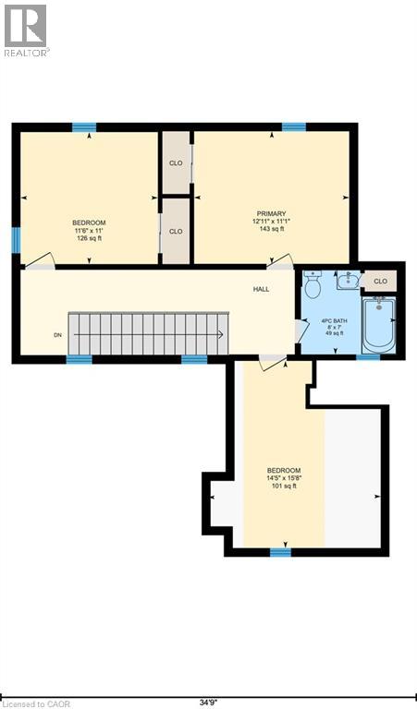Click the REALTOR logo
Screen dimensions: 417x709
click(x=25, y=30)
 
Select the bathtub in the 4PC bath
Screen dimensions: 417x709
click(x=379, y=324)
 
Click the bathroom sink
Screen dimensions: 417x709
click(x=349, y=281)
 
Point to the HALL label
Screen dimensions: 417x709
click(x=262, y=289)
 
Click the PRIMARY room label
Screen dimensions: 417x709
click(x=271, y=213)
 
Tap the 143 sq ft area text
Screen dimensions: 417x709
click(x=271, y=229)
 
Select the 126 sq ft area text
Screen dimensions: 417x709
click(x=89, y=238)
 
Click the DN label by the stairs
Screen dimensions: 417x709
click(x=57, y=335)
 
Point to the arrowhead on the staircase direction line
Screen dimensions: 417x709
click(x=220, y=334)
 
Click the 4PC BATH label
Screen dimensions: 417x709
click(x=335, y=321)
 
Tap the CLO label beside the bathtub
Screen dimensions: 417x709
click(x=380, y=282)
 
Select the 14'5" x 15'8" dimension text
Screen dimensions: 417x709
click(x=284, y=478)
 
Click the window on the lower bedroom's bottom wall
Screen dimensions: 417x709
click(x=281, y=552)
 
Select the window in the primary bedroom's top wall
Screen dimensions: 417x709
click(x=294, y=127)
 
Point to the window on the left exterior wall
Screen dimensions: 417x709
click(x=17, y=240)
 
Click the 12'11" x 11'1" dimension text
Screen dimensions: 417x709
click(x=271, y=222)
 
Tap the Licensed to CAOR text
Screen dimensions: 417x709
click(x=37, y=704)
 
